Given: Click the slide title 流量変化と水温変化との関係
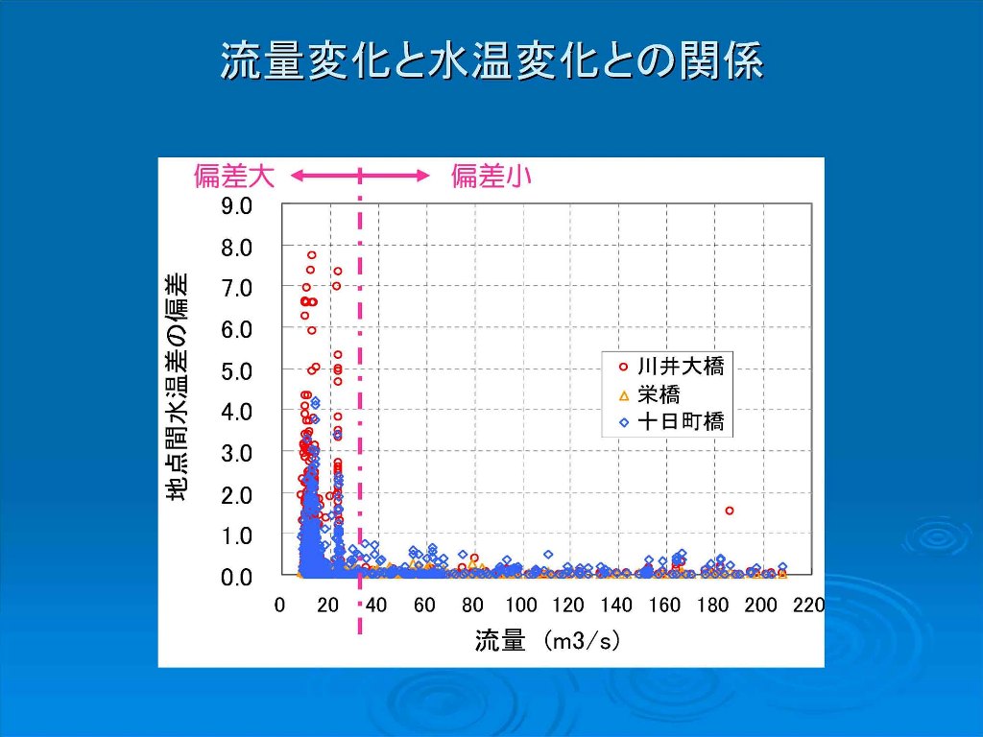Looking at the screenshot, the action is point(491,60).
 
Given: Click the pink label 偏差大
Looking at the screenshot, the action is point(234,177).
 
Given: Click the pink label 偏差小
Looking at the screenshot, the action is point(491,177).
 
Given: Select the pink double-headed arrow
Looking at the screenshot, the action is point(361,176).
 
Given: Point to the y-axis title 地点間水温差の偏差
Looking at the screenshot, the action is point(177,388).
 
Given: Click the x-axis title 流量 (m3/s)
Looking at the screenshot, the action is point(547,640).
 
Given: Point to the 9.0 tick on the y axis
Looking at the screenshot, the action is point(236,205).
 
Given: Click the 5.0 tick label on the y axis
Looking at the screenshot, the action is point(236,371).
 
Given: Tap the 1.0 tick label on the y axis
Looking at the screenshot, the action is point(236,535).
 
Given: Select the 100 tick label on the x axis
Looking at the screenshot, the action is point(521,606).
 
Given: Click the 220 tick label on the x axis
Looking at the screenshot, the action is point(808,606).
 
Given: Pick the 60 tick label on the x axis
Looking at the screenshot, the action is point(424,606).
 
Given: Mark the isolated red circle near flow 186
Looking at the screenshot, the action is point(730,511).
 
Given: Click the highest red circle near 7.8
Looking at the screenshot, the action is point(312,255).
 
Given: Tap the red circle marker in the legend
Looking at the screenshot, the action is point(623,367).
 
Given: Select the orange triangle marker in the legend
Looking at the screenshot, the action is point(624,395).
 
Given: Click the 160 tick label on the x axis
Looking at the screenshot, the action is point(665,606).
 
